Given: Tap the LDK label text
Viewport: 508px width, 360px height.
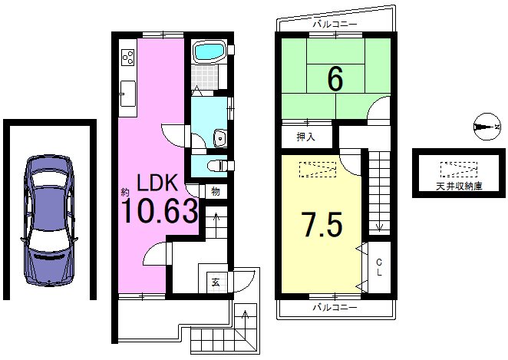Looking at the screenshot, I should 157,183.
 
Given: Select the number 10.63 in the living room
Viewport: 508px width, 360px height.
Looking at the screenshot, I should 160,211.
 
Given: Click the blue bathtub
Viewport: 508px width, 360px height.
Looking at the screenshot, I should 207,53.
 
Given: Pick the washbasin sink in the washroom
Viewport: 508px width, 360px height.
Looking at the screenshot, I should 219,138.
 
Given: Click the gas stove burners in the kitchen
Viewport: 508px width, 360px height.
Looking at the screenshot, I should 127,56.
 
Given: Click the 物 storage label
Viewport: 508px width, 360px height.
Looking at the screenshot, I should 216,191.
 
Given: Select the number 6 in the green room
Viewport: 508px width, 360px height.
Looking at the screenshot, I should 334,78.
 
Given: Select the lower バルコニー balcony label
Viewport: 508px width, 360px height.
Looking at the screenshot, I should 335,307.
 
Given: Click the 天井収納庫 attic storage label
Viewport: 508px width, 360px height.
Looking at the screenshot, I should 458,186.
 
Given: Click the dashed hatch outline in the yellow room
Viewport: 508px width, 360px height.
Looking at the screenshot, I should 316,169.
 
